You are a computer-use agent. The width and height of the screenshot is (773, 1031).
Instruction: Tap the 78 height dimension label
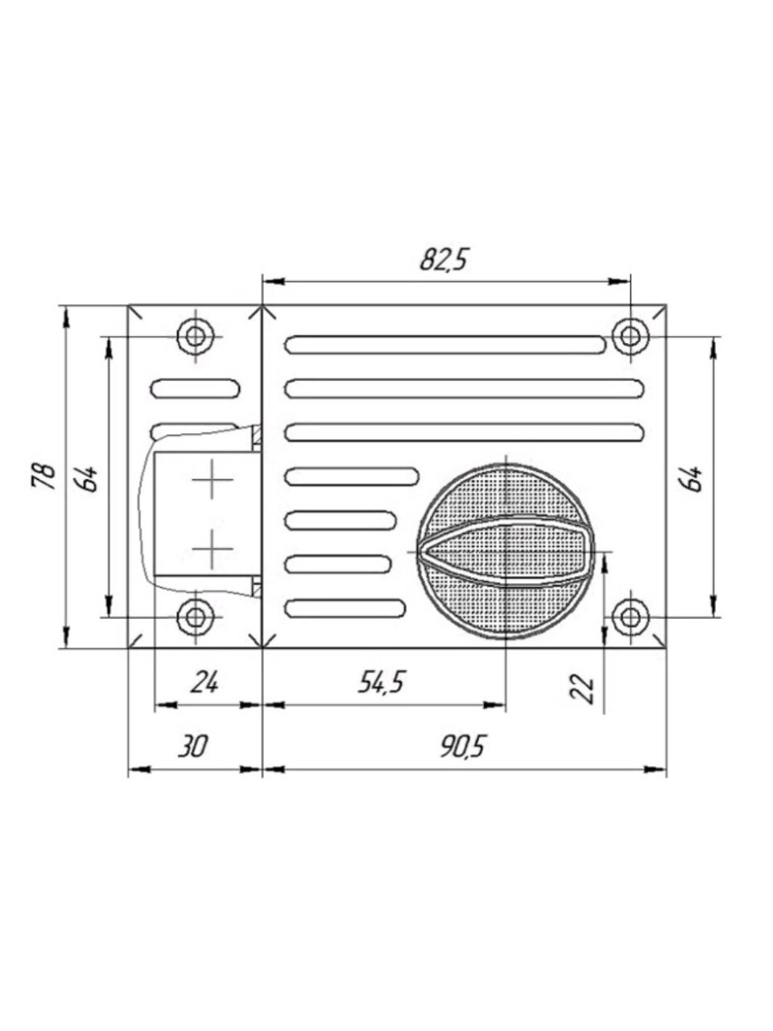tap(43, 477)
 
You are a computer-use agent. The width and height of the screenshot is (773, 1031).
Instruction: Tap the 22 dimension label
tap(585, 689)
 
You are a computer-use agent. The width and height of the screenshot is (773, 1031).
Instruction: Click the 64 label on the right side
tap(692, 478)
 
